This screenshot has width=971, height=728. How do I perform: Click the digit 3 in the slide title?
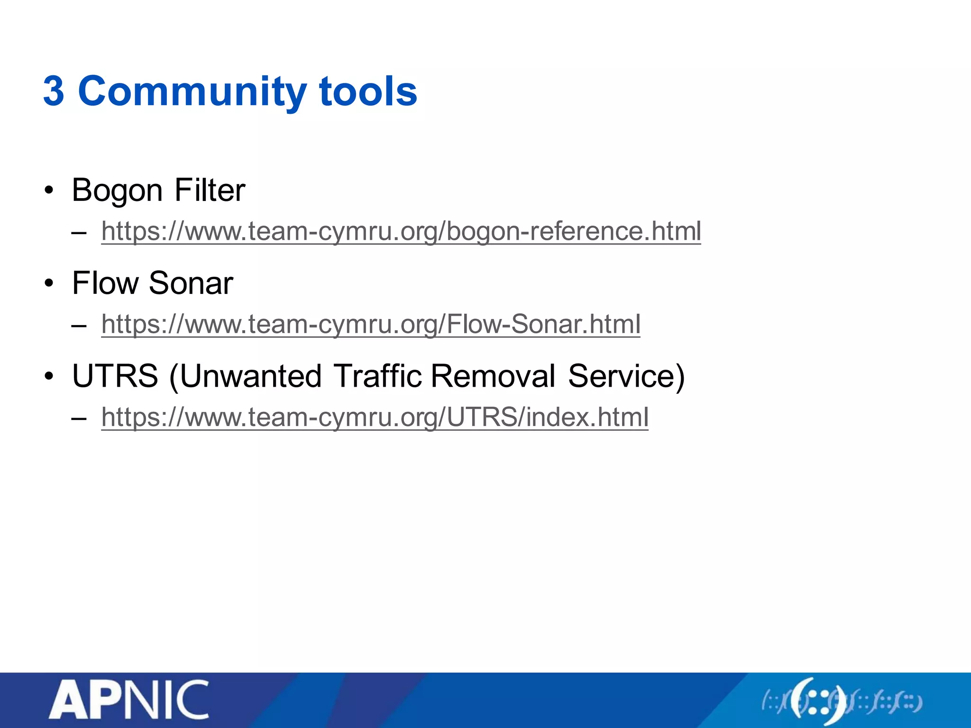click(x=54, y=91)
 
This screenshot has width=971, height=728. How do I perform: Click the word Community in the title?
click(x=192, y=92)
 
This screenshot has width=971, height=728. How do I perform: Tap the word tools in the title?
click(x=368, y=91)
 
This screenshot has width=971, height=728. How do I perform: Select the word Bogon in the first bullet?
click(x=117, y=191)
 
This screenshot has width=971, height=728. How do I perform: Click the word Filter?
click(x=210, y=190)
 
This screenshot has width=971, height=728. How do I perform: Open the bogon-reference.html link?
click(x=401, y=231)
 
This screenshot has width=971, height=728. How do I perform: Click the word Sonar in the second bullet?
click(x=191, y=283)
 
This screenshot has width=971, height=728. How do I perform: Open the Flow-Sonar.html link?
click(x=370, y=324)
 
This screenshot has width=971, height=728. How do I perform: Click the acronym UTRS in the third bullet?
click(x=115, y=376)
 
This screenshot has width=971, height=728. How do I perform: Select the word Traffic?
click(x=377, y=376)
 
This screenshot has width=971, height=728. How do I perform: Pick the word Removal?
click(x=493, y=376)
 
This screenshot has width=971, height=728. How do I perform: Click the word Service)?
click(x=626, y=376)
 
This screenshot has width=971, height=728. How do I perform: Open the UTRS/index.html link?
click(x=375, y=417)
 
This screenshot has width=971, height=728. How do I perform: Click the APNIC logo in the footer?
click(x=128, y=700)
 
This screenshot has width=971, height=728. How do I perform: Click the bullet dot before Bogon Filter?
click(x=48, y=191)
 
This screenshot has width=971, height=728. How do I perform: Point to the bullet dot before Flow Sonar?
click(x=48, y=284)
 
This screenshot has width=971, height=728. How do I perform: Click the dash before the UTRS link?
click(x=79, y=419)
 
